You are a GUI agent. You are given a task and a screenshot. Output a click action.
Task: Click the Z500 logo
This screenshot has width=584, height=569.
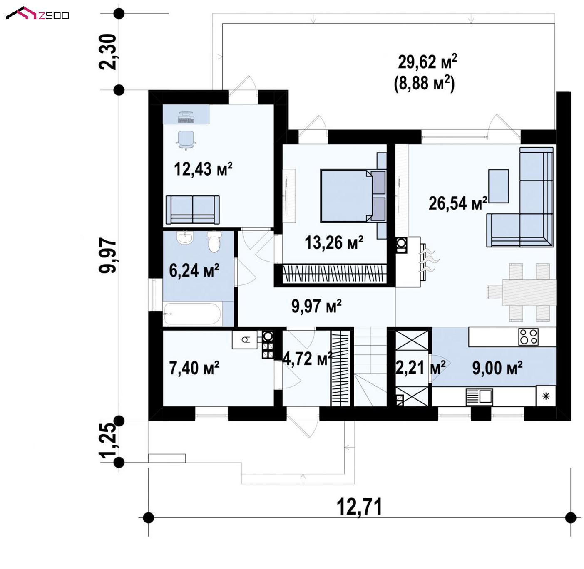click(37, 13)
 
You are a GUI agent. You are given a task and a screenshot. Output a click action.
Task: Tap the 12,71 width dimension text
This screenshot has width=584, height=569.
click(359, 507)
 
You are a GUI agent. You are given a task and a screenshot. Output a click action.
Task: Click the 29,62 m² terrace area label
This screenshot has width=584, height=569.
click(427, 62)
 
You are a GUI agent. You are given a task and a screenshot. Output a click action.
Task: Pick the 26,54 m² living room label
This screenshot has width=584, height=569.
click(457, 203)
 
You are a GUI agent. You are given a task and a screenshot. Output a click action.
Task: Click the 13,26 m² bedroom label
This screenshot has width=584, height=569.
click(334, 242)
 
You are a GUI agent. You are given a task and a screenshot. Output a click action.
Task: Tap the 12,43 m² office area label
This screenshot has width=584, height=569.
click(203, 169)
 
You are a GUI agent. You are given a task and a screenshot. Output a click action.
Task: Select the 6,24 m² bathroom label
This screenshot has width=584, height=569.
click(194, 270)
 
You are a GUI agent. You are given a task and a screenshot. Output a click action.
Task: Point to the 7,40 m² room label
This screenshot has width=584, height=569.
click(194, 368)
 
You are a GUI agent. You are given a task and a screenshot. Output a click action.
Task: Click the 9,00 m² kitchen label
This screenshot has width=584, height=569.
click(497, 368)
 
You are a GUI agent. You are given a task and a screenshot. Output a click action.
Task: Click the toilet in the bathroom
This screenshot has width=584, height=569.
click(214, 241)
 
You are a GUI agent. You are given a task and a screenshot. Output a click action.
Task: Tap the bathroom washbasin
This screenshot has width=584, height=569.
click(185, 238)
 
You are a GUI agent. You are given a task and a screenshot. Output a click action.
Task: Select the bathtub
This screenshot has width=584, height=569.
click(192, 314)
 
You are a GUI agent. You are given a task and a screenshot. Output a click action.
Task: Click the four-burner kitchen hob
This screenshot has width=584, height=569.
click(528, 336)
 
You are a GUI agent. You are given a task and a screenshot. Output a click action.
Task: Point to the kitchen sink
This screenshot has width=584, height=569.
click(479, 397)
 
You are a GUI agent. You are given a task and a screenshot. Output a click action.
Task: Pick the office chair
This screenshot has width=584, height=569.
click(186, 140)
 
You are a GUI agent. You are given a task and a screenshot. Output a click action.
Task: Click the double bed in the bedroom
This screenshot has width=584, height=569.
click(353, 195)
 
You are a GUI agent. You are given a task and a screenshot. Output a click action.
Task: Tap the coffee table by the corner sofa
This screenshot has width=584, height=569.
click(499, 186)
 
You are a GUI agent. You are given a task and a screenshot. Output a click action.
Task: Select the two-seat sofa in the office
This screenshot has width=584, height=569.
click(193, 210)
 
